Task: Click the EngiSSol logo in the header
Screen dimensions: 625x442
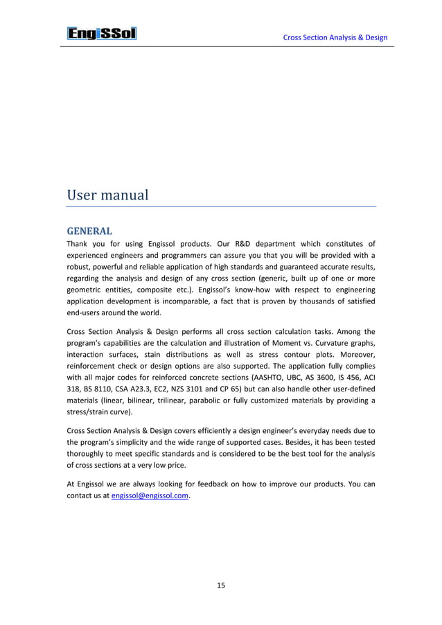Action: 101,33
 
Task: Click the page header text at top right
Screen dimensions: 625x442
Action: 335,37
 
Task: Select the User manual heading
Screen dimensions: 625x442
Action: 107,195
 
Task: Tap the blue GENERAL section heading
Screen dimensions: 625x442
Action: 89,230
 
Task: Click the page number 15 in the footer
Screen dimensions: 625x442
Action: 220,586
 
